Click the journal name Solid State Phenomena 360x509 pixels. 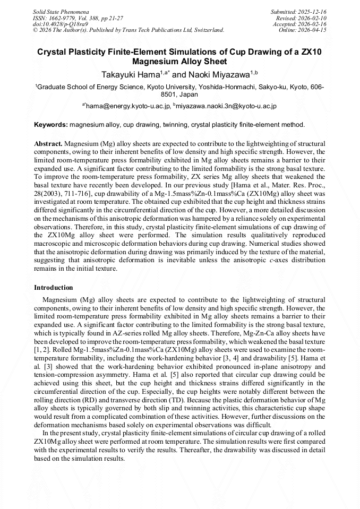[x=61, y=11]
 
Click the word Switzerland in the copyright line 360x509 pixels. [x=206, y=30]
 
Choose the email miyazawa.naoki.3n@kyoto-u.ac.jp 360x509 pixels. [x=227, y=106]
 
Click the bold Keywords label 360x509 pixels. [x=51, y=125]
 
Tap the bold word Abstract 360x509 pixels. [x=48, y=144]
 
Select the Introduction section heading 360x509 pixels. [x=54, y=288]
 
